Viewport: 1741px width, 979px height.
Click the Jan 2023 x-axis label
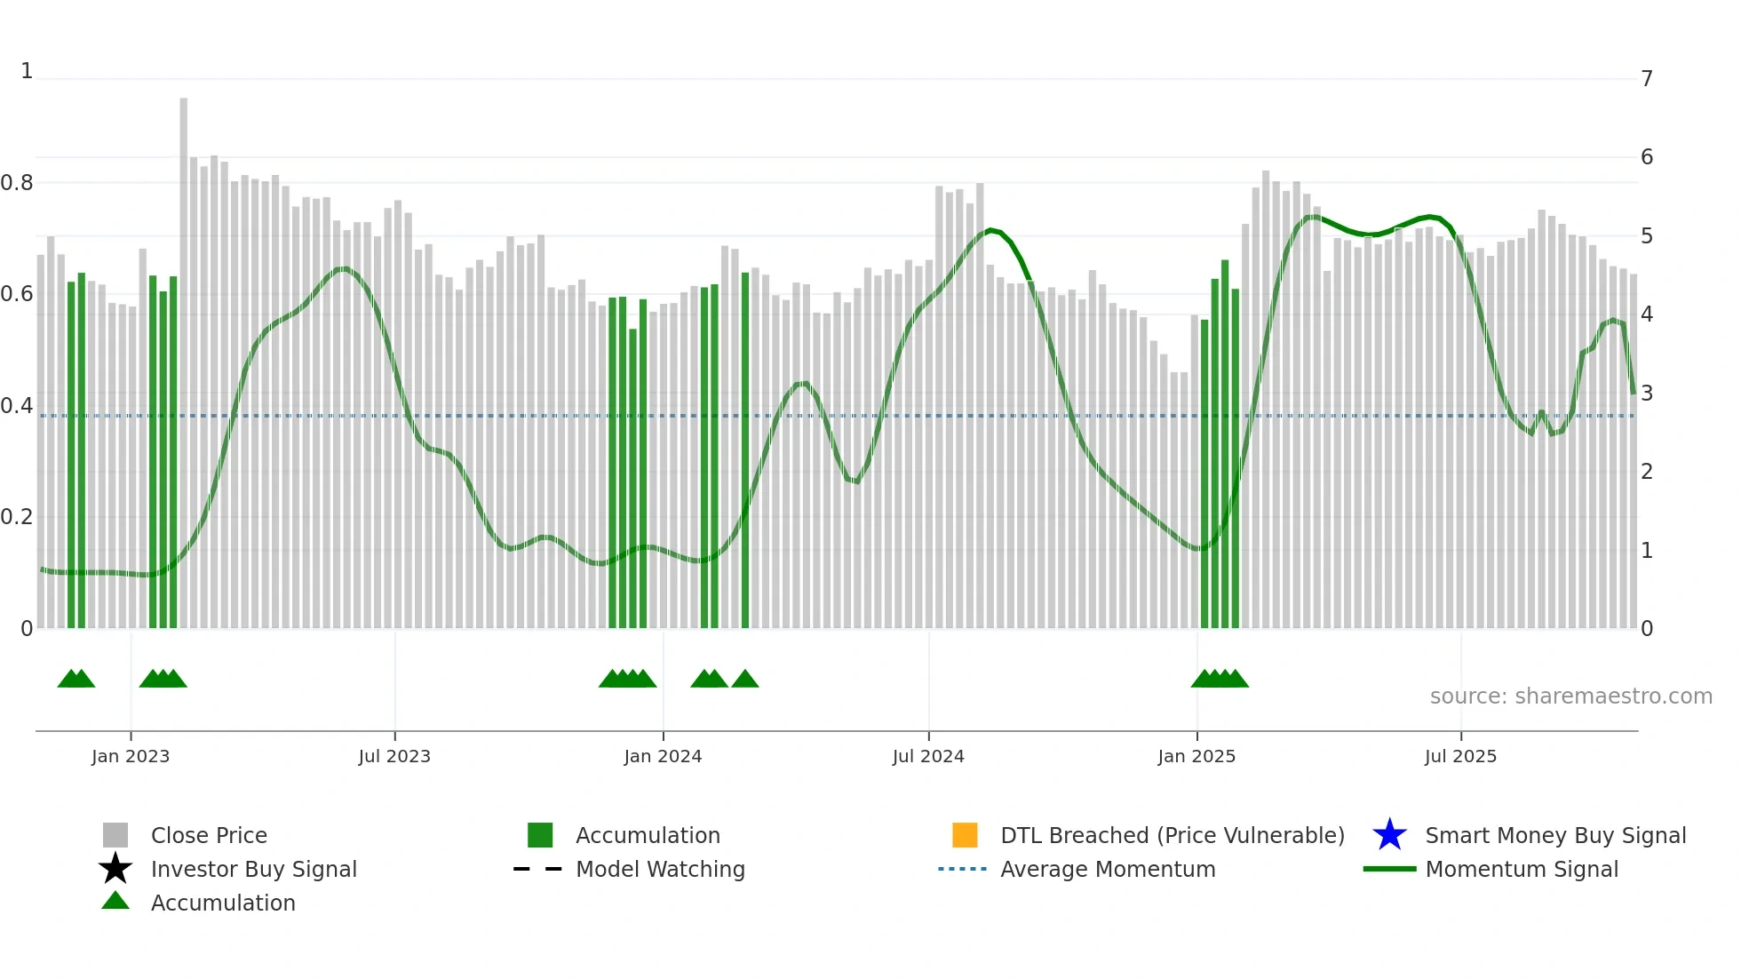point(130,756)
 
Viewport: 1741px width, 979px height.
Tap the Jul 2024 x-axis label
point(928,756)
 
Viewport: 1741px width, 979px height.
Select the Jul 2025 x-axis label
point(1460,756)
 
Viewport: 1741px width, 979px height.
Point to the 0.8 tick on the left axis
point(17,183)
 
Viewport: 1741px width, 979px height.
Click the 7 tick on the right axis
point(1647,79)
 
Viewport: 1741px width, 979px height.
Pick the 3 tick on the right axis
point(1647,394)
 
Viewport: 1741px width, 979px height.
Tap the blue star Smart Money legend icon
point(1389,835)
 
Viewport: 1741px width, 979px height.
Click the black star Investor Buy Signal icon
point(115,869)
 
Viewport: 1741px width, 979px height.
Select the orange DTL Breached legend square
point(965,835)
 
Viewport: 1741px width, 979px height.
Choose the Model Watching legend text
point(660,869)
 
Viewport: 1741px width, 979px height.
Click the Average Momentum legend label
point(1108,869)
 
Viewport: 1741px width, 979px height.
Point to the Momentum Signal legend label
point(1522,869)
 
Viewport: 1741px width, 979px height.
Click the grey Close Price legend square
point(115,835)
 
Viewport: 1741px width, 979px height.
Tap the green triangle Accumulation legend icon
point(115,901)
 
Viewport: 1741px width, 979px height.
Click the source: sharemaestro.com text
point(1570,696)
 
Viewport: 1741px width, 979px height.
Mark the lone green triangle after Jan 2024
point(745,680)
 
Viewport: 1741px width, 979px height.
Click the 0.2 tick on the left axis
point(17,517)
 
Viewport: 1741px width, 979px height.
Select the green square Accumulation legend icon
point(540,835)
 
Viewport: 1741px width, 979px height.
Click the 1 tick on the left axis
point(27,71)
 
